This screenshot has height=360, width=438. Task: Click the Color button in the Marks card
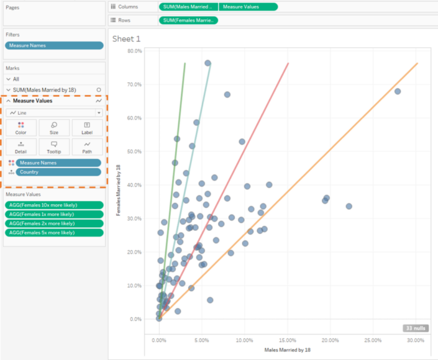tap(21, 128)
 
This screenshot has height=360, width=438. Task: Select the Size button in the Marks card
tap(54, 128)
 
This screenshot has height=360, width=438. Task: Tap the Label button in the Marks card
tap(87, 128)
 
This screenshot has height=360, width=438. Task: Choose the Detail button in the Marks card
tap(21, 147)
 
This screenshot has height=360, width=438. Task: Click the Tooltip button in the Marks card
tap(54, 147)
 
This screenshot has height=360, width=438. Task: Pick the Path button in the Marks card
tap(87, 147)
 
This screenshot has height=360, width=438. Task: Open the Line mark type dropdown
tap(54, 113)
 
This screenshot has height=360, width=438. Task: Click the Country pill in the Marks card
tap(58, 172)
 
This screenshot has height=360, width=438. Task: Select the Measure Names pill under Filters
tap(54, 45)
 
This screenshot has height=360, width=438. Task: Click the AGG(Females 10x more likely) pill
tap(54, 205)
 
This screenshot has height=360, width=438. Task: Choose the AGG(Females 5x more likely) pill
tap(54, 232)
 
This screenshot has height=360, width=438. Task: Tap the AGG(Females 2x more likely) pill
tap(54, 223)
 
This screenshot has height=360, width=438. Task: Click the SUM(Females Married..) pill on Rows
tap(188, 20)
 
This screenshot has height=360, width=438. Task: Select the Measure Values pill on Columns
tap(248, 7)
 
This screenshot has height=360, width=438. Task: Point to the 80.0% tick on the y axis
tap(134, 51)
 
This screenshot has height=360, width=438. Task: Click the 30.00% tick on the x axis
tap(415, 340)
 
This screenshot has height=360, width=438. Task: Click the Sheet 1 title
tap(126, 38)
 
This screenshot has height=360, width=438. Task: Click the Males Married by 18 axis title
tap(287, 350)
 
